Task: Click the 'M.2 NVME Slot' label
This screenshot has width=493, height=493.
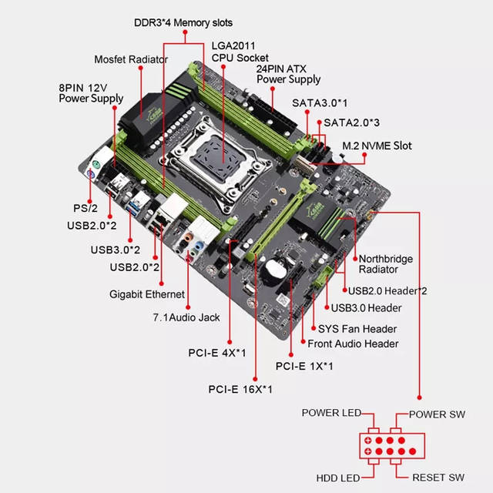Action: click(x=377, y=145)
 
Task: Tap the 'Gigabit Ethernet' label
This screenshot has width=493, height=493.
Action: click(x=146, y=294)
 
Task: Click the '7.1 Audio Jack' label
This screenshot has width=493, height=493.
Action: click(x=184, y=317)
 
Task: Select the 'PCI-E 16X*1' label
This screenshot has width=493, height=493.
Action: click(x=240, y=388)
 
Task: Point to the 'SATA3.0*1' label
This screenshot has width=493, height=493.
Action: click(x=320, y=102)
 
